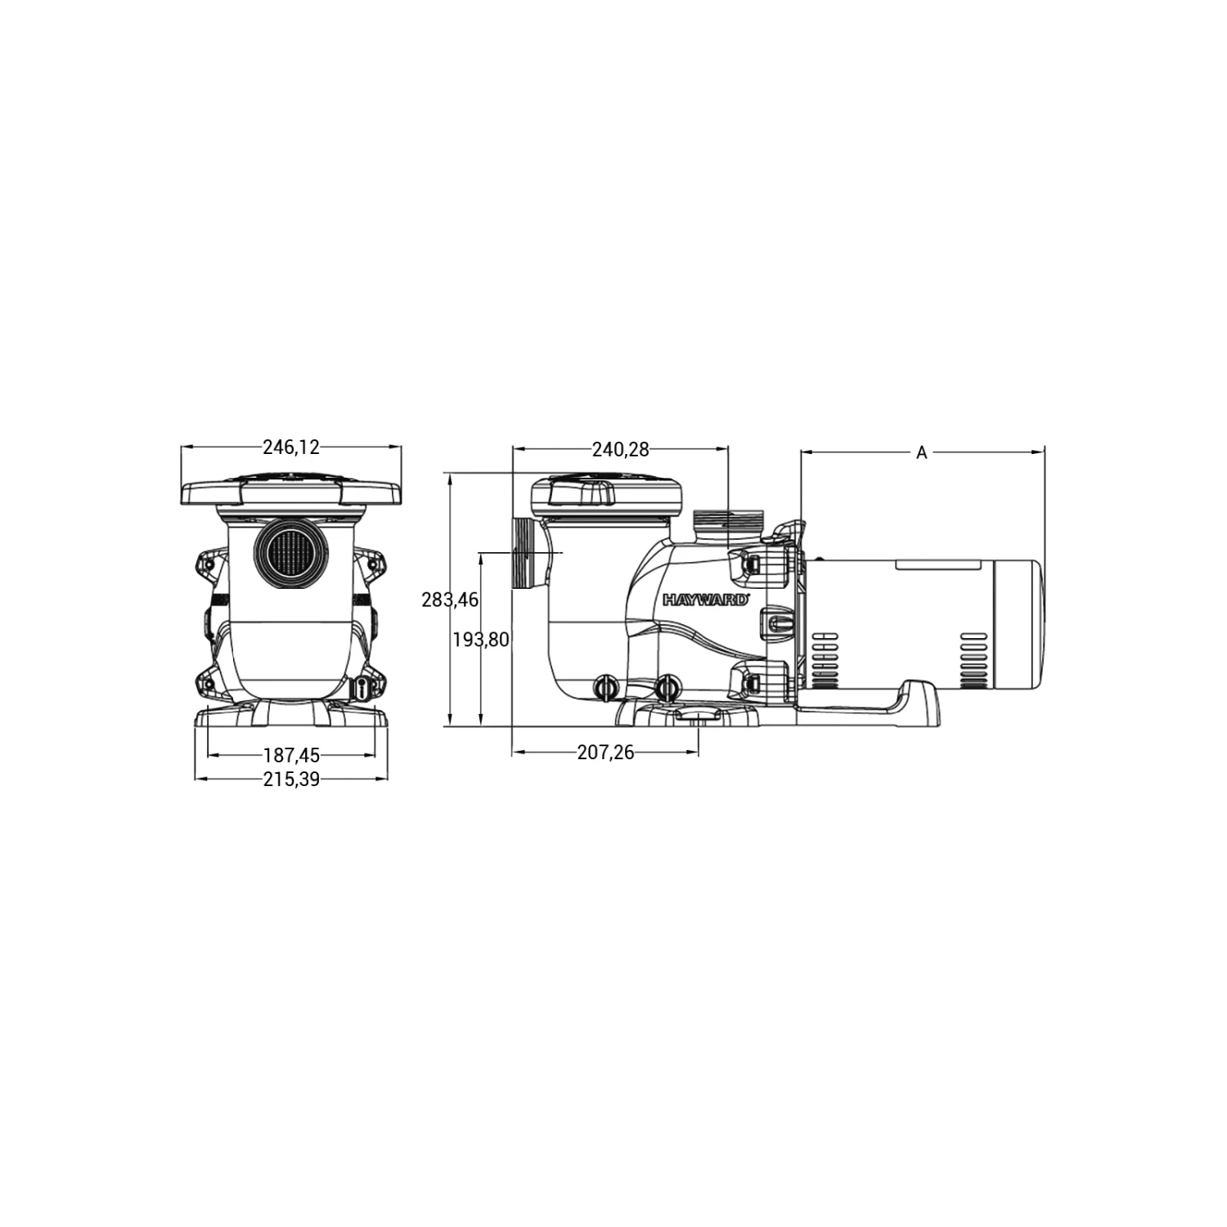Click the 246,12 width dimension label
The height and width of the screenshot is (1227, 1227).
pos(290,447)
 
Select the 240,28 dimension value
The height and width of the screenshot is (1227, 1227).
pos(620,449)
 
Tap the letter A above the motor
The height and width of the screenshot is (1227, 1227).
pos(921,452)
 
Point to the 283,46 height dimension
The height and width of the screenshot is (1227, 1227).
pos(450,600)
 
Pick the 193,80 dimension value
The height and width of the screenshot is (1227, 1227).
pos(481,640)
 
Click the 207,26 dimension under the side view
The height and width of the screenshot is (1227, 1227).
pos(605,753)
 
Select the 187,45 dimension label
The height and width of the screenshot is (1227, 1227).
pos(291,756)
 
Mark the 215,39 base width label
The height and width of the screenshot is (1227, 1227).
pos(291,780)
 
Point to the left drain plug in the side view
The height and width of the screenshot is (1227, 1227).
pos(605,687)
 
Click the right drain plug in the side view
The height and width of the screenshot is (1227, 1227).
pos(669,687)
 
